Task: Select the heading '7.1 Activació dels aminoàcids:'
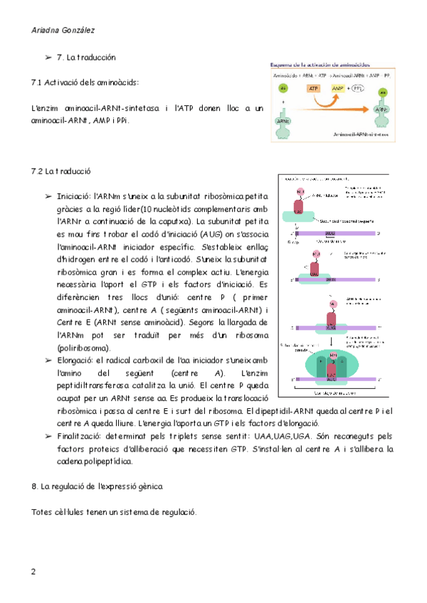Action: pos(85,82)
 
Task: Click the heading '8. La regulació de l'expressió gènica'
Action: pos(97,486)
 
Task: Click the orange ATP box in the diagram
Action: pos(314,89)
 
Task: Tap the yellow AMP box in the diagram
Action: pos(339,89)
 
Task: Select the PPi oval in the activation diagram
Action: pos(359,89)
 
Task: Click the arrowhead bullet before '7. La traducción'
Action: pos(48,57)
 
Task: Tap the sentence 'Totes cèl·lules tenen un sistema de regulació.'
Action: pos(115,512)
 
